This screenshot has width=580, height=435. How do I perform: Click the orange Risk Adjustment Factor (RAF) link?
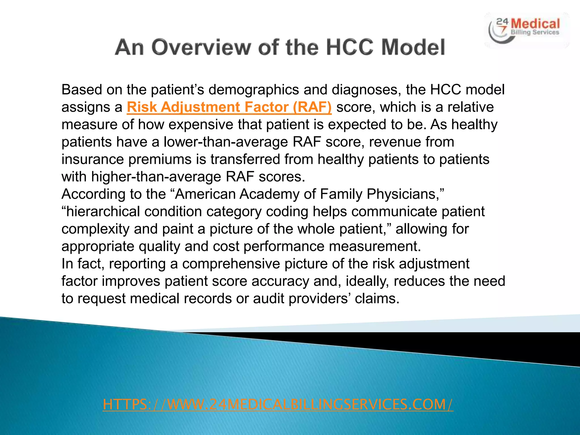[x=229, y=107]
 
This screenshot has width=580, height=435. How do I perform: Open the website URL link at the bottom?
[x=278, y=404]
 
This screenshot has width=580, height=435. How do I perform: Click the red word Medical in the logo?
[x=536, y=24]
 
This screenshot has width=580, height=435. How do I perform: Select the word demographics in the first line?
[x=254, y=90]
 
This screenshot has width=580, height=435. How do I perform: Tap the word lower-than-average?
[x=226, y=142]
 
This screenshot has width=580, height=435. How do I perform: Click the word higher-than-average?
[x=156, y=177]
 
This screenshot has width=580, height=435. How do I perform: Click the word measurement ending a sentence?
[x=374, y=246]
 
